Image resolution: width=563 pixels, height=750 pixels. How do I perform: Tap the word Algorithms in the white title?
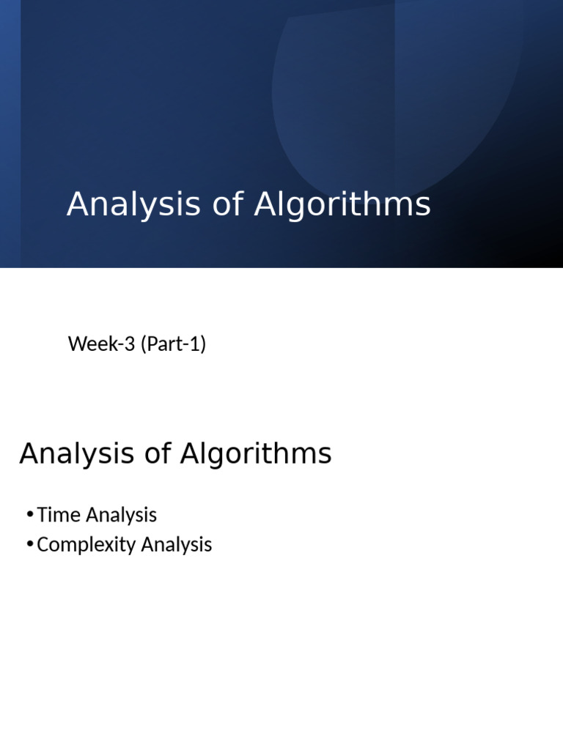pos(342,205)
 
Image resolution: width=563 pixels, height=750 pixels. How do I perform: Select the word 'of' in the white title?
pos(227,205)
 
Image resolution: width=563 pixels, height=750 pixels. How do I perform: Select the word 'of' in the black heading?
pos(156,454)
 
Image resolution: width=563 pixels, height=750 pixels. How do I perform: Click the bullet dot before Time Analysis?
pos(29,515)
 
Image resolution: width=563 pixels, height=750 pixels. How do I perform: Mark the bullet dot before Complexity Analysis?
pos(29,545)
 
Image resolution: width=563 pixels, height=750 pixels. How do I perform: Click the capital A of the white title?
pos(77,205)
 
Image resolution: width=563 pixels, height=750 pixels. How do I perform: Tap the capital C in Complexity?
pos(43,545)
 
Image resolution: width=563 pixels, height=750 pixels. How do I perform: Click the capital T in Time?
pos(42,515)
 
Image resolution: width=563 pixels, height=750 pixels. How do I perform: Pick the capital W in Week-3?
pos(76,344)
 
